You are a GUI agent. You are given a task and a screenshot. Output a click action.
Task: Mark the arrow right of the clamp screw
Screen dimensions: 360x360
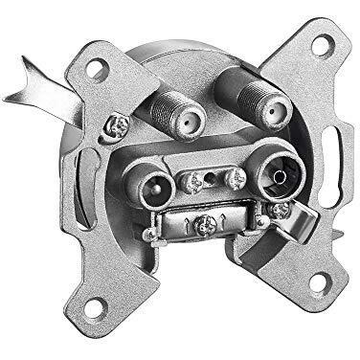(x=224, y=223)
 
